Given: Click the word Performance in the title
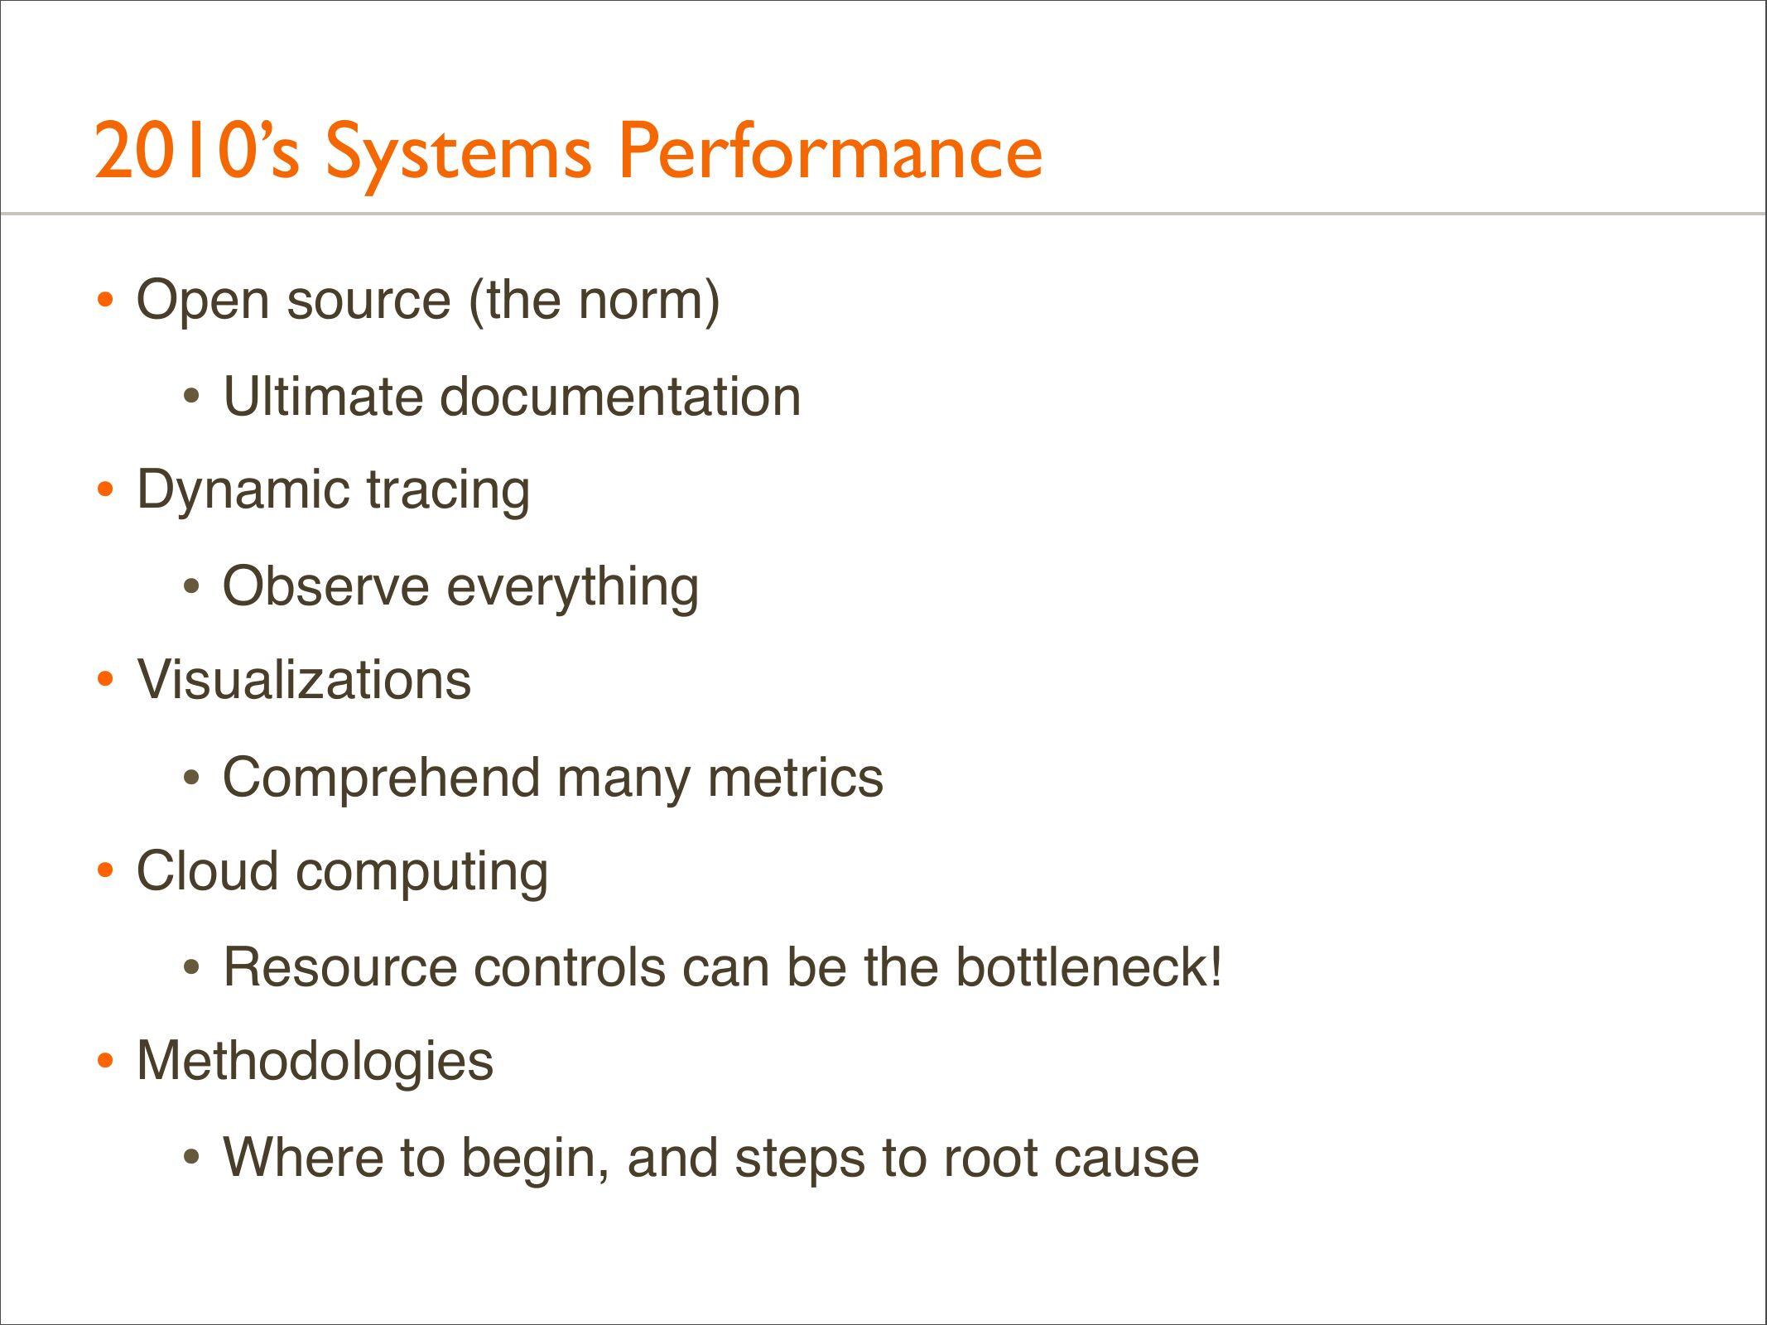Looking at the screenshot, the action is pos(831,151).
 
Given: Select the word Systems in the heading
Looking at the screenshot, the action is pos(459,156).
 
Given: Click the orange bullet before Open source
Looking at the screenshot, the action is pos(104,299).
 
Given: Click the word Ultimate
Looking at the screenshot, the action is pos(323,396).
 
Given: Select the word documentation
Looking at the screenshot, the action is pos(620,396).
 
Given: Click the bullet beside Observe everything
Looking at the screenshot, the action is pos(191,587).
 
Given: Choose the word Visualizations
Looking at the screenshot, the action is pos(305,680).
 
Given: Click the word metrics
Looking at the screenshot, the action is pos(795,778).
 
